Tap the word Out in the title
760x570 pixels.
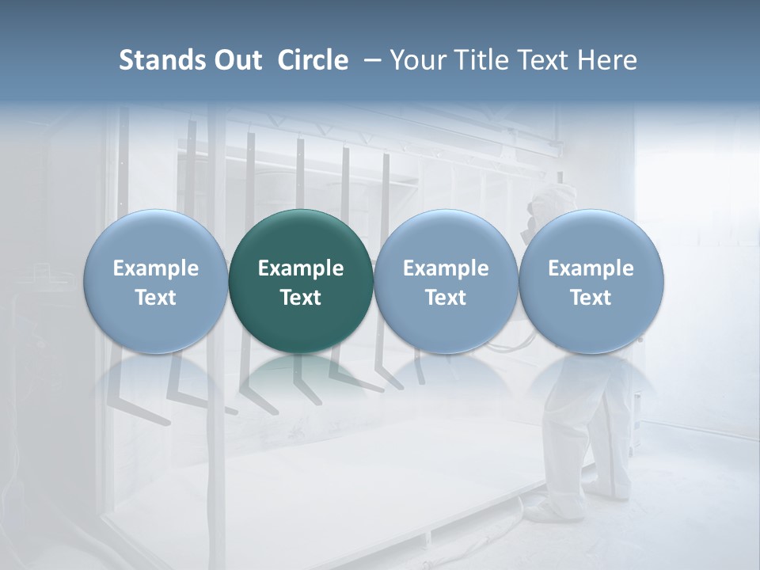[235, 60]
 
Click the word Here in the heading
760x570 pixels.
[606, 60]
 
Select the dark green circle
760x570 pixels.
[301, 282]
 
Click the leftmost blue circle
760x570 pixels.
[156, 282]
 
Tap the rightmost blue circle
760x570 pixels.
[591, 282]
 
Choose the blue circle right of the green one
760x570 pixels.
[446, 282]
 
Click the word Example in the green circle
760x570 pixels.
[301, 268]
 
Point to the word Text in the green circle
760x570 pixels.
[301, 298]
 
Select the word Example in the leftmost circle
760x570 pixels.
[156, 268]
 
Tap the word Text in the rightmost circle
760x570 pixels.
[591, 298]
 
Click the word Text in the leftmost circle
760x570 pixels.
[156, 298]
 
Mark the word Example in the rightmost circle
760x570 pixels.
[591, 268]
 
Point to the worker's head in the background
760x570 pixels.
[546, 201]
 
